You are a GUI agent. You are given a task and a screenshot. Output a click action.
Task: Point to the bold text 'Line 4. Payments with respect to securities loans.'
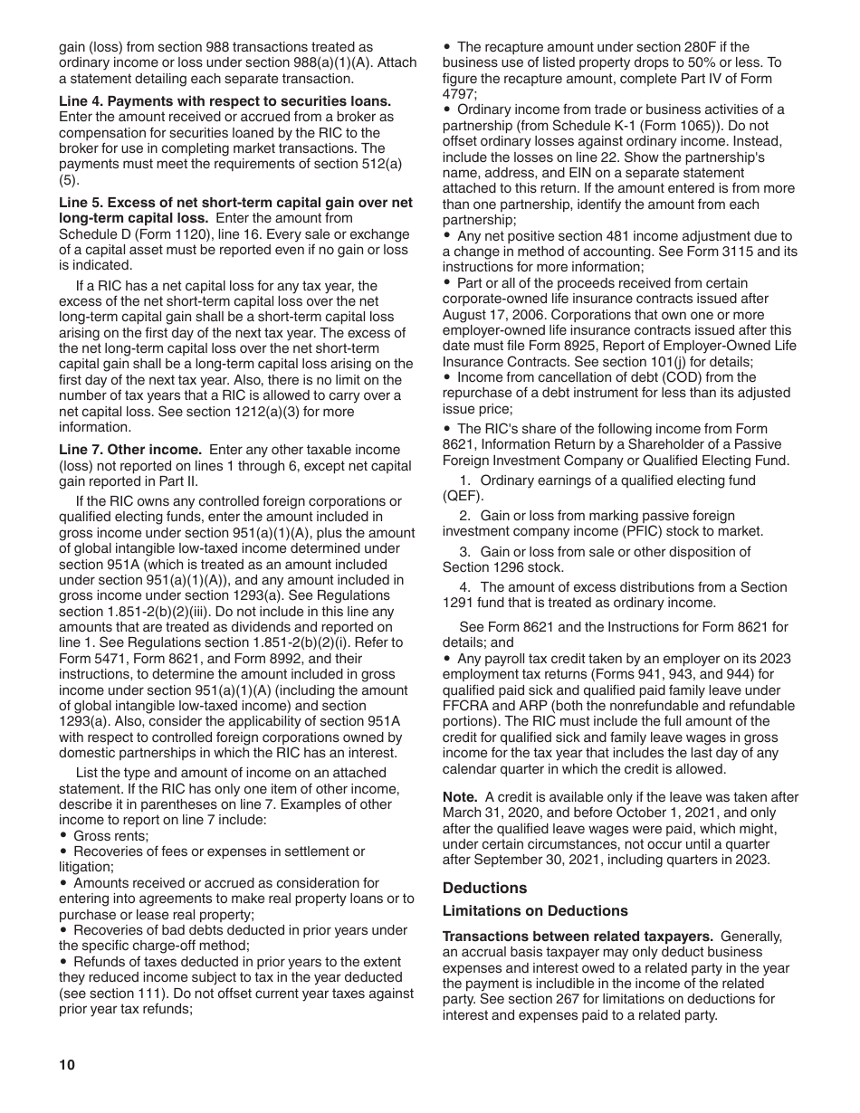[x=225, y=101]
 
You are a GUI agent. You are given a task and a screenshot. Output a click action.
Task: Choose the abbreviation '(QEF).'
[x=463, y=496]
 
